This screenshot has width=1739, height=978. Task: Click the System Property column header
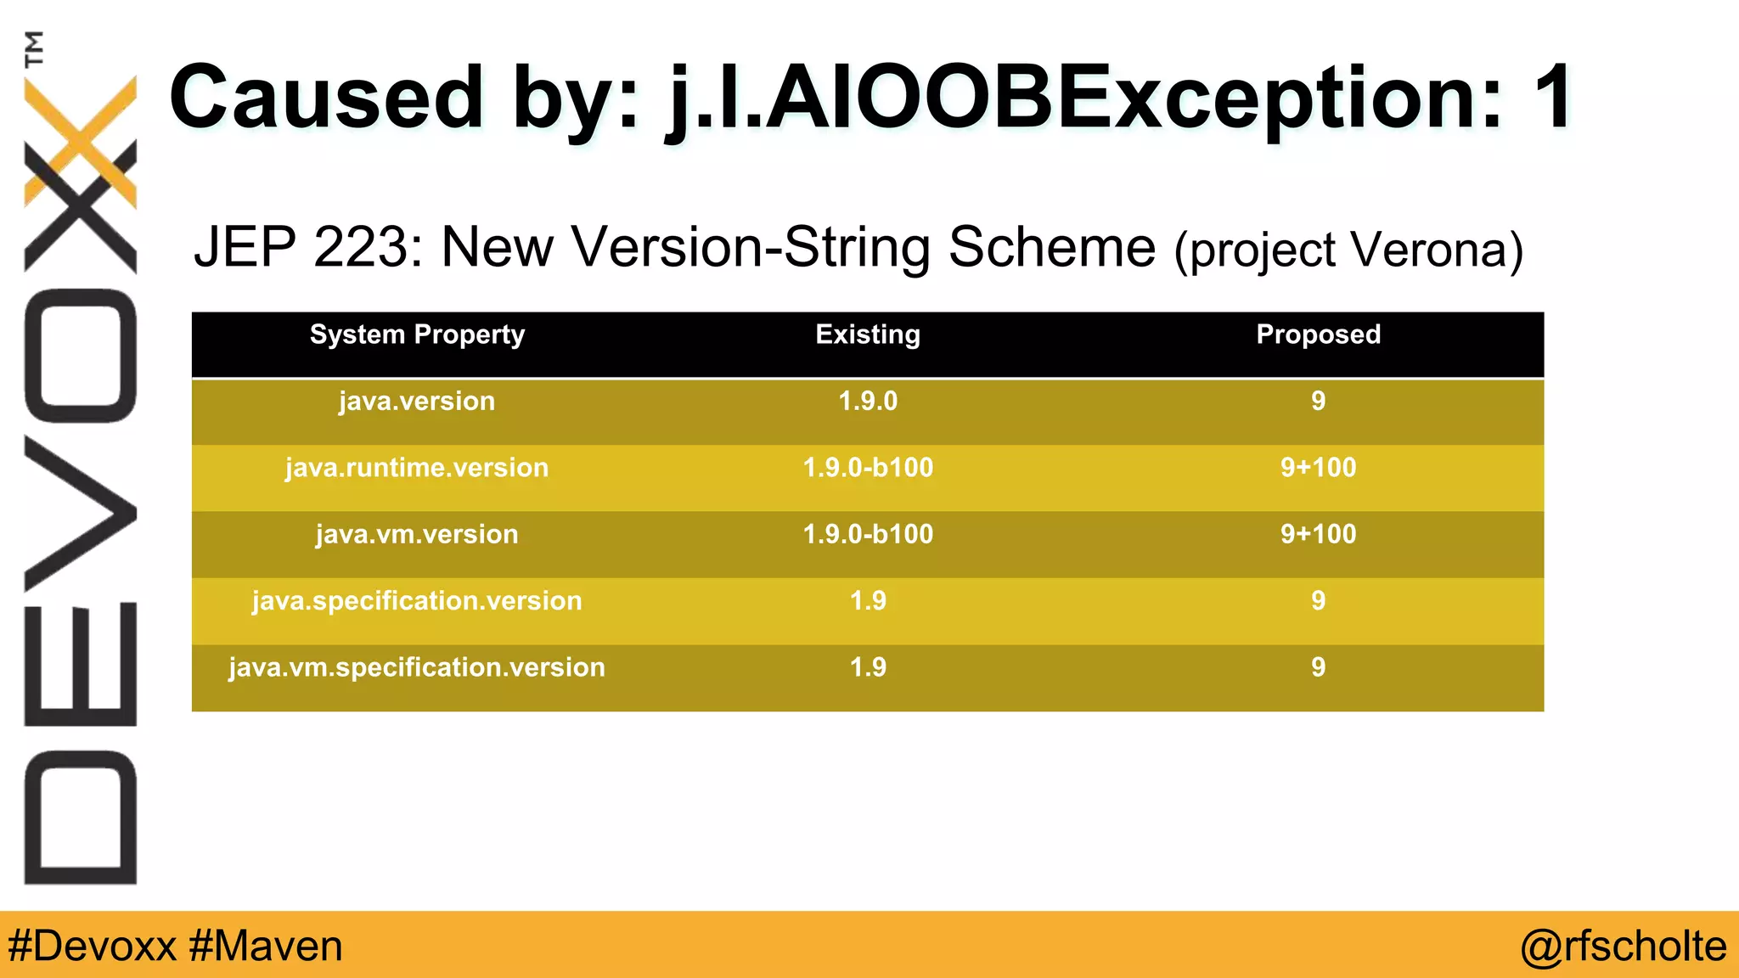coord(417,334)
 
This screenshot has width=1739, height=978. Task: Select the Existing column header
coord(868,334)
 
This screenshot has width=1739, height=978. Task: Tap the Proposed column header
coord(1318,334)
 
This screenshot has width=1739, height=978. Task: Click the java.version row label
coord(417,401)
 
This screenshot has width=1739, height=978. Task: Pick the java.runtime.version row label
coord(417,468)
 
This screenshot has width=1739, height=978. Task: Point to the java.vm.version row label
coord(417,534)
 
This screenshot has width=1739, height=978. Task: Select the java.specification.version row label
coord(417,601)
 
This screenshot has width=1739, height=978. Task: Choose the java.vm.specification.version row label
coord(417,667)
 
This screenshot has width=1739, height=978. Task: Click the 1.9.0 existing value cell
coord(868,401)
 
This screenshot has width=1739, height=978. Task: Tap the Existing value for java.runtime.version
coord(868,468)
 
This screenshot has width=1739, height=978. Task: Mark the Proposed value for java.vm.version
coord(1318,534)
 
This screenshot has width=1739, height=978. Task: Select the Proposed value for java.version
coord(1318,401)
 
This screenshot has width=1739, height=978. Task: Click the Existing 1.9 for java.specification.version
coord(868,601)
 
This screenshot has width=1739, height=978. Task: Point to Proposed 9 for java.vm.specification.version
coord(1318,667)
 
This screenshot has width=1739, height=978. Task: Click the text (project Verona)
coord(1348,250)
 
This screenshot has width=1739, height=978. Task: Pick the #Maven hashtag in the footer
coord(266,946)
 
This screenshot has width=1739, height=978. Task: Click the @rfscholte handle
coord(1623,946)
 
